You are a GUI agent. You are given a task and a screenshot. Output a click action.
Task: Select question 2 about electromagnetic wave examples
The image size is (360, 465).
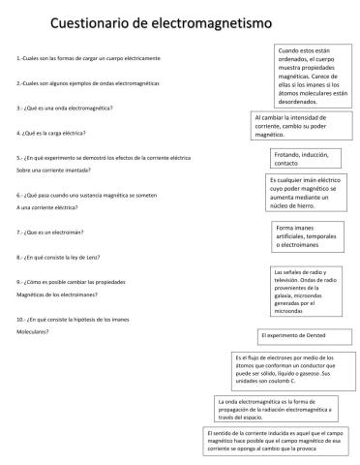75,84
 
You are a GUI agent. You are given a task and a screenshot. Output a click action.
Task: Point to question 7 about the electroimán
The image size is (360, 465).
49,232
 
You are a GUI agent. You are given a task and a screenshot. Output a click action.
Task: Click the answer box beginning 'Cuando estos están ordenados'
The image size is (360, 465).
309,75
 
